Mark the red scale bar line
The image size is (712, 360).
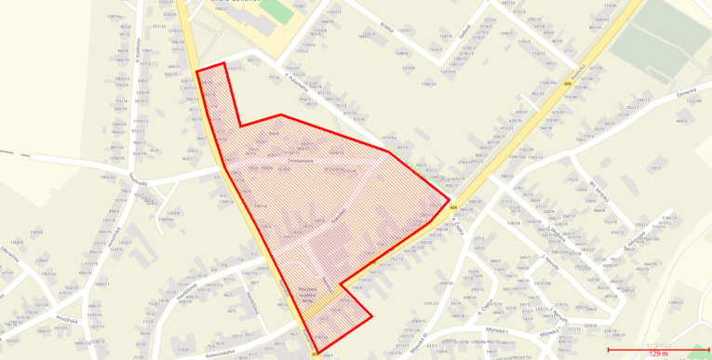(658, 350)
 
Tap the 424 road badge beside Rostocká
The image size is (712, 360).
(567, 83)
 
